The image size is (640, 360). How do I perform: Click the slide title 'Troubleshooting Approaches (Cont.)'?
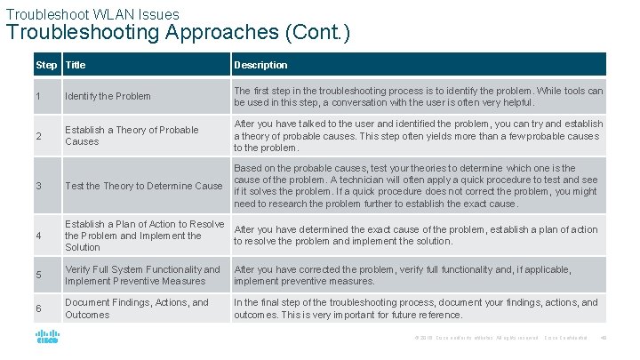coord(178,34)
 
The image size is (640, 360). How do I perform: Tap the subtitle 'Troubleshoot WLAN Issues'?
coord(92,13)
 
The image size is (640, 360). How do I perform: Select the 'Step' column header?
coord(46,65)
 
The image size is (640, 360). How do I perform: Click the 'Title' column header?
coord(76,65)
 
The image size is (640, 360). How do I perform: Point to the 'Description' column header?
coord(260,65)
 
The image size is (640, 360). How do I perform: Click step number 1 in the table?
coord(38,96)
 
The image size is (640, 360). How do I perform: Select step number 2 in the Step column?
coord(38,136)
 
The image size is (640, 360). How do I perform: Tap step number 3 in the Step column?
coord(38,186)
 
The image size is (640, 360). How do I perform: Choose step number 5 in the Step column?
coord(38,276)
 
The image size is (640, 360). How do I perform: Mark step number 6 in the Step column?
coord(38,308)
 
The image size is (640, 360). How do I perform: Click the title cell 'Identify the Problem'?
coord(108,96)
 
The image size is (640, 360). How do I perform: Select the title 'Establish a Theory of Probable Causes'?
coord(132,136)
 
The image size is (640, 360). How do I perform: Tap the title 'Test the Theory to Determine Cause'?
coord(143,186)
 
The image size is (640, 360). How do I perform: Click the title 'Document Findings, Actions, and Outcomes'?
coord(136,308)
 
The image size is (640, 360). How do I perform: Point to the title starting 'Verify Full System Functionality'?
coord(141,276)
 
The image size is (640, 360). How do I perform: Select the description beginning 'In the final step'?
coord(415,308)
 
